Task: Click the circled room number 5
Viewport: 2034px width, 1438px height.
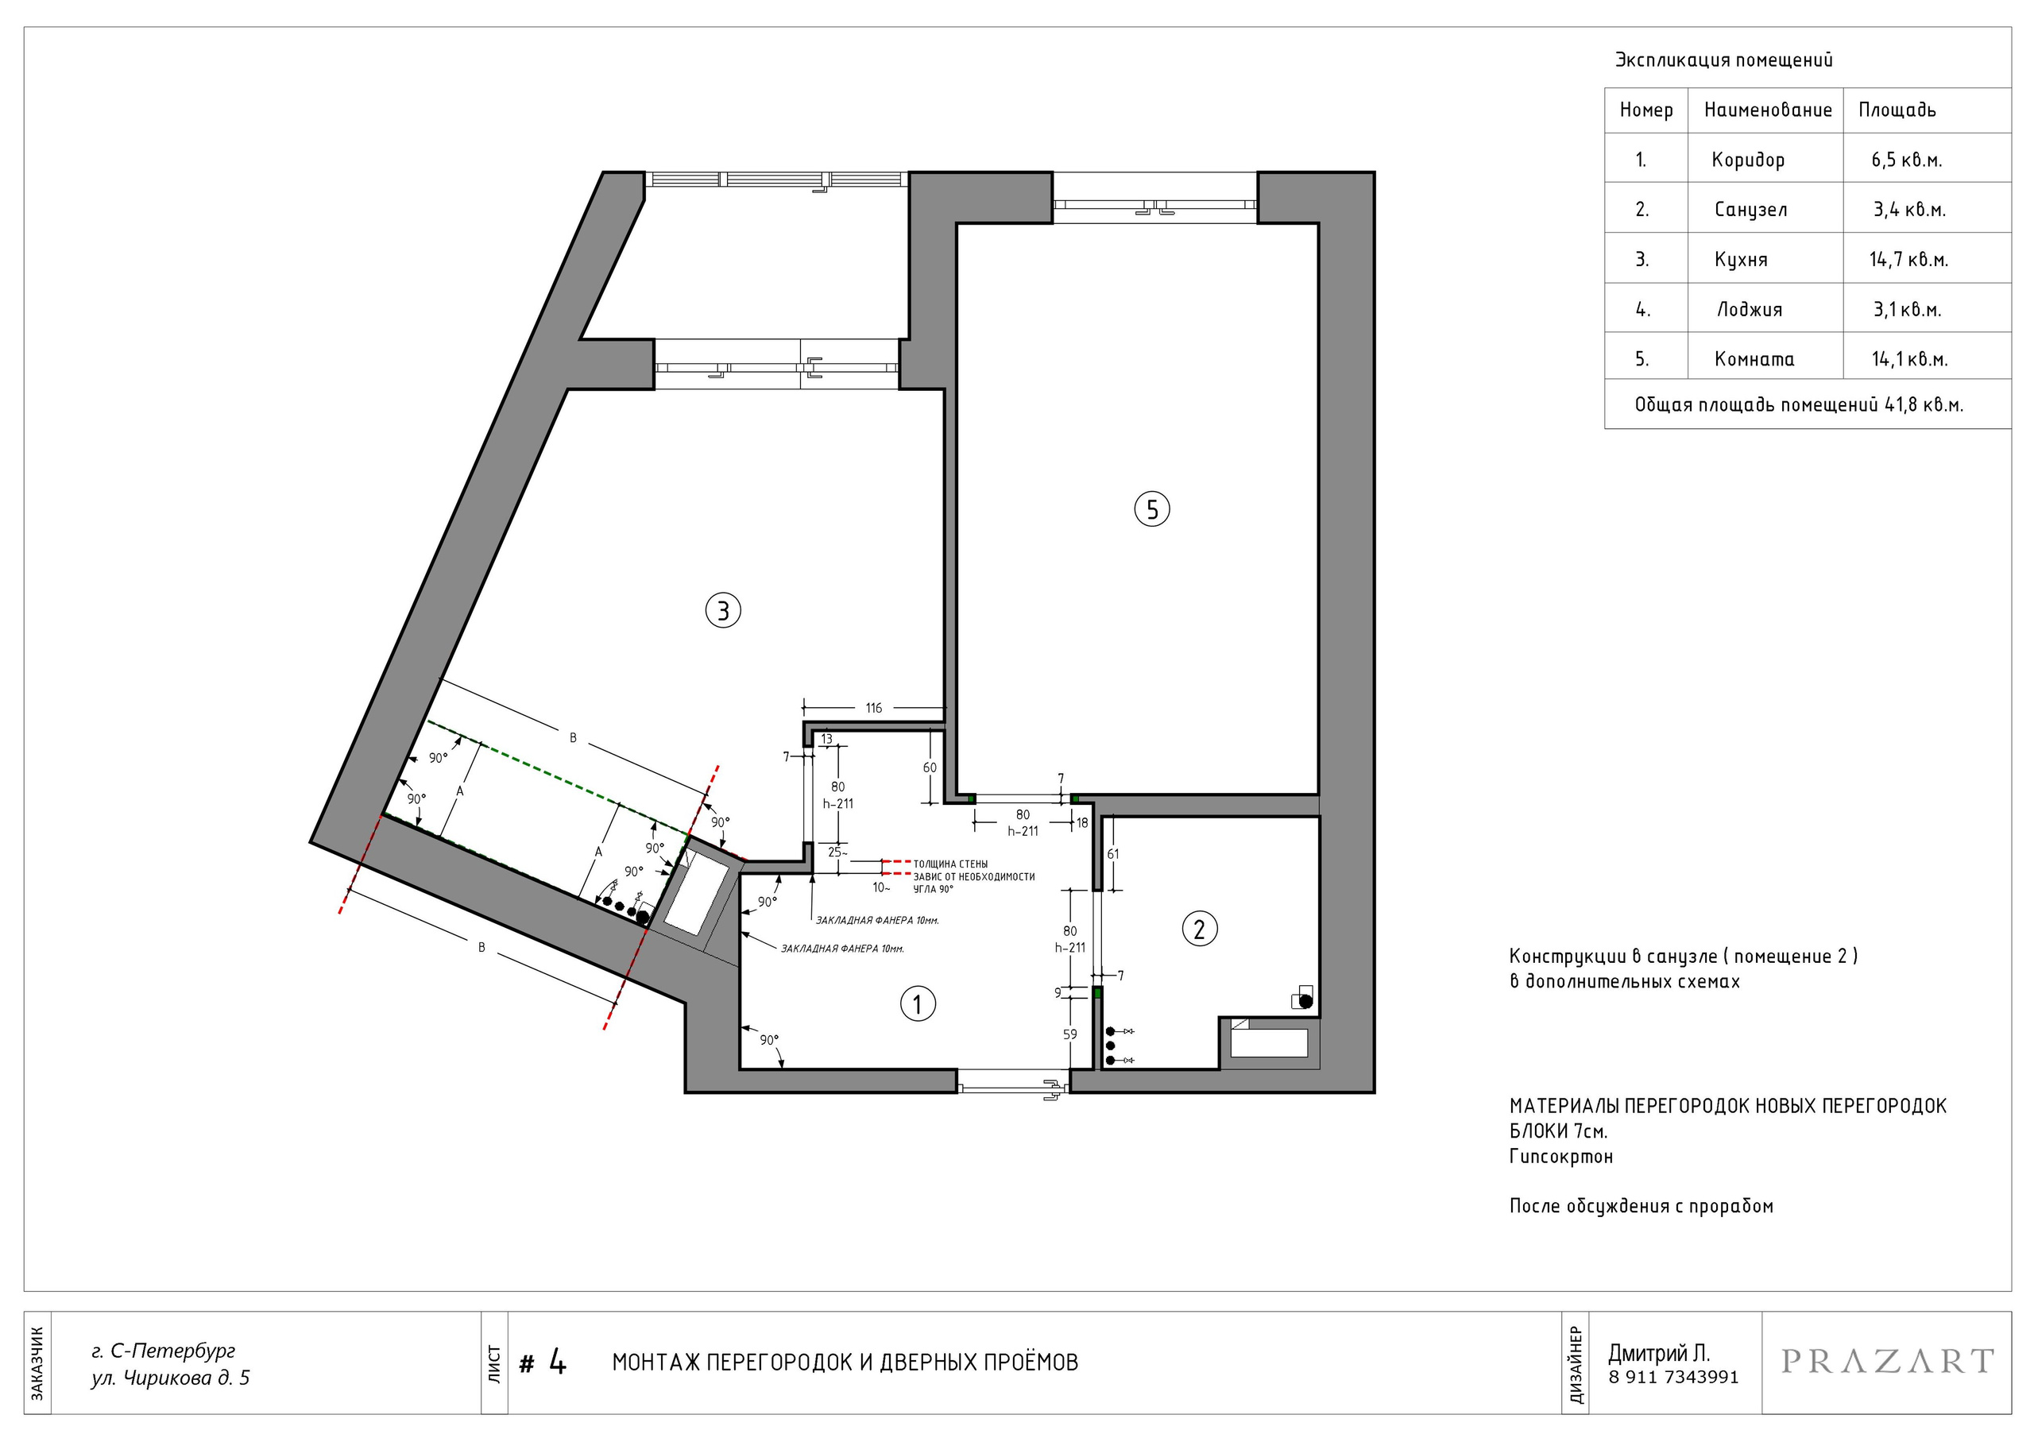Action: click(x=1151, y=509)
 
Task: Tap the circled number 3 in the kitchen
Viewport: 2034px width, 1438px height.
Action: click(x=723, y=610)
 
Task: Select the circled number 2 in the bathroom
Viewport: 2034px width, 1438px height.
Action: click(x=1200, y=929)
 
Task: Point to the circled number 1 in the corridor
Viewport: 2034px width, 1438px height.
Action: click(x=918, y=1004)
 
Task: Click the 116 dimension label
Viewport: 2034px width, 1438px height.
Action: click(x=873, y=708)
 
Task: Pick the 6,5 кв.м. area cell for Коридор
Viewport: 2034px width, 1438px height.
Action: click(x=1906, y=160)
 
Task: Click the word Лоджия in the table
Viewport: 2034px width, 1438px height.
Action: click(x=1750, y=309)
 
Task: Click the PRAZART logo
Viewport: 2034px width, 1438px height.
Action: click(x=1888, y=1362)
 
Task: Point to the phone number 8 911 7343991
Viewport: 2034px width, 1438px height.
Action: click(x=1673, y=1378)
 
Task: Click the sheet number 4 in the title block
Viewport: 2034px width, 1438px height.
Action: click(x=557, y=1362)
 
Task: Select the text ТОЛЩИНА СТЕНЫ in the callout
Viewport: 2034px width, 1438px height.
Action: click(x=950, y=864)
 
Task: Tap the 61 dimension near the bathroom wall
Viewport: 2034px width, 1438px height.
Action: click(x=1112, y=854)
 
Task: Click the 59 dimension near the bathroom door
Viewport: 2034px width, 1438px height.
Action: click(x=1070, y=1034)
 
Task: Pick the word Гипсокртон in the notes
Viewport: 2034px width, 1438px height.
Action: click(x=1561, y=1156)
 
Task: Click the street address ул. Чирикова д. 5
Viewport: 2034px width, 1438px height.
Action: click(x=170, y=1378)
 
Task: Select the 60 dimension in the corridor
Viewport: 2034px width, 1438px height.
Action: click(x=930, y=767)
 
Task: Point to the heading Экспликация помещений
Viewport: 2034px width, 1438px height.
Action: click(x=1724, y=60)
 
